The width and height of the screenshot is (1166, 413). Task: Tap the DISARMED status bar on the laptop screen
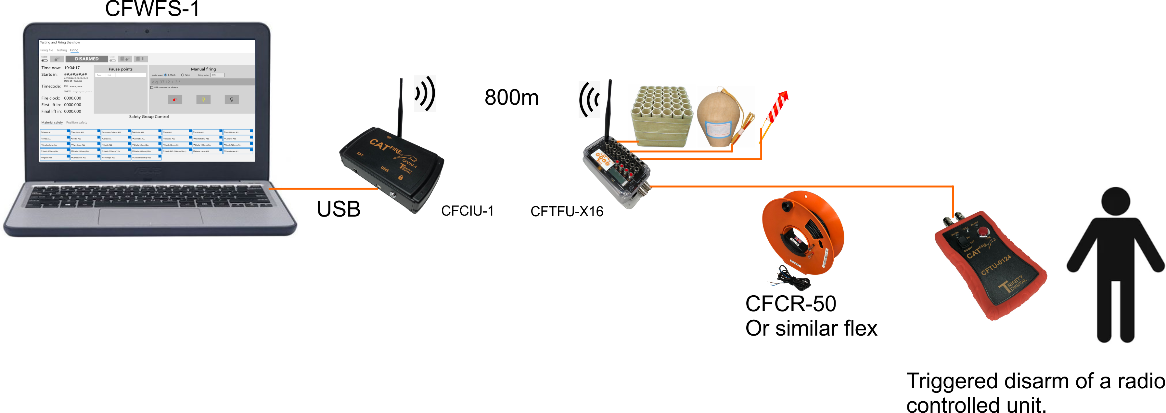(x=86, y=59)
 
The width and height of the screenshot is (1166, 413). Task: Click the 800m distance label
(x=511, y=97)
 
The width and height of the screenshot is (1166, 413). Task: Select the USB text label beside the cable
(x=338, y=209)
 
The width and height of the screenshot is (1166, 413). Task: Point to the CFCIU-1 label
(x=467, y=211)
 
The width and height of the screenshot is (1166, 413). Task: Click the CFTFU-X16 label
(x=567, y=211)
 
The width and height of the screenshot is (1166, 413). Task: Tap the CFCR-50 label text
(x=790, y=304)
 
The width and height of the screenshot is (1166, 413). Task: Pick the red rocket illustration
(x=778, y=109)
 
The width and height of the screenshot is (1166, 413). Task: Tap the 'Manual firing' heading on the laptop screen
(x=203, y=69)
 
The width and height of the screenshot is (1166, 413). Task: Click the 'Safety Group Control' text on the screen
(x=148, y=117)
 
